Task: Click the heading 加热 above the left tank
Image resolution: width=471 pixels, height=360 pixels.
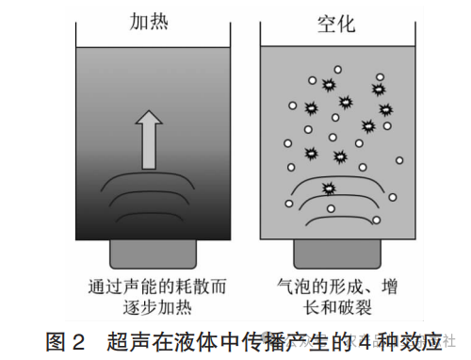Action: [148, 20]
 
